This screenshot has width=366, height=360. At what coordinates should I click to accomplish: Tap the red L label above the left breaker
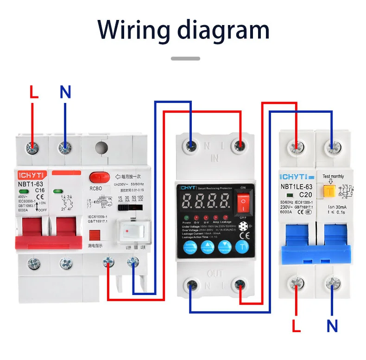(34, 92)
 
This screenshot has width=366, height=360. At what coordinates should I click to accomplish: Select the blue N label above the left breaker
(65, 92)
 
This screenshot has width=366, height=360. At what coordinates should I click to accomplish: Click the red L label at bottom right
(297, 326)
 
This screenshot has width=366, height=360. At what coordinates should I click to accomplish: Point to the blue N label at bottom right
(332, 326)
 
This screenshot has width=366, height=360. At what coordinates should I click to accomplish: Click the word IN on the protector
(215, 158)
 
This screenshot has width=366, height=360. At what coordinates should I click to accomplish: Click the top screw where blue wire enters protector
(190, 146)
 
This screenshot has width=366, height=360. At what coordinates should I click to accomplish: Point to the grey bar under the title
(185, 58)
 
